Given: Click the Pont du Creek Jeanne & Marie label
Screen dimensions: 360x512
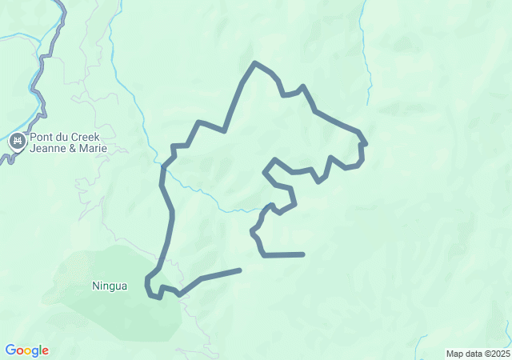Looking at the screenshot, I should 67,142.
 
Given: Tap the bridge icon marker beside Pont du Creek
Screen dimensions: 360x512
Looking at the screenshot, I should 17,142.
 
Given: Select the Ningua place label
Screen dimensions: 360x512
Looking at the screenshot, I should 110,286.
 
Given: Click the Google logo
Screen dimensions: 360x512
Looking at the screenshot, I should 26,350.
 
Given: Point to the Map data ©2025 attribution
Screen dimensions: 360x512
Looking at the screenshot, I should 477,354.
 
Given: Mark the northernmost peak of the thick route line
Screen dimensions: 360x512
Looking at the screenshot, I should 254,62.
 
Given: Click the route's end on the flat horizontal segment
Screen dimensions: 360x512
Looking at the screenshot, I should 303,254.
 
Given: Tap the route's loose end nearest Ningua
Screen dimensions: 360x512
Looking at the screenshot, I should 239,270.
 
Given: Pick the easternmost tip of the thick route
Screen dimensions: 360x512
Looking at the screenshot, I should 366,143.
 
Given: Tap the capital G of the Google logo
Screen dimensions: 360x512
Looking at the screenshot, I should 10,350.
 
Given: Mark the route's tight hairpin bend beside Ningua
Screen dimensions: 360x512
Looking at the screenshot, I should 147,286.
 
